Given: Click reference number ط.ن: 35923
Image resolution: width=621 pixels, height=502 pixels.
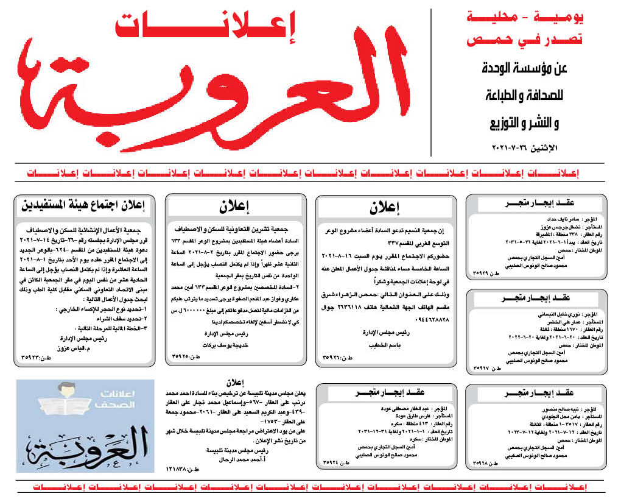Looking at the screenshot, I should coord(34,357).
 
